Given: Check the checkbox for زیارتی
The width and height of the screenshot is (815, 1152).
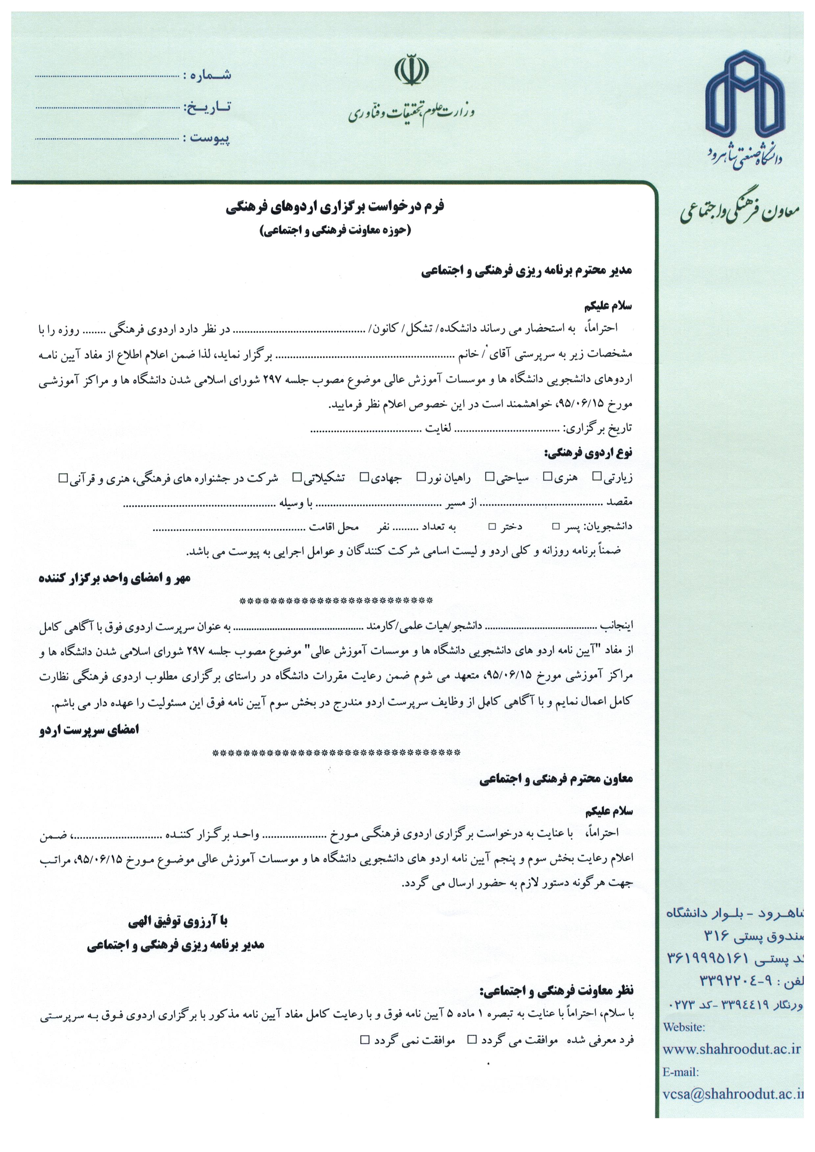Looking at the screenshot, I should pos(597,476).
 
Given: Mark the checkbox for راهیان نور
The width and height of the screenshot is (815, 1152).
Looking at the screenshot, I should pos(422,476).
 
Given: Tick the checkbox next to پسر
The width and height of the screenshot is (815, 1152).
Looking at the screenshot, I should pos(556,526).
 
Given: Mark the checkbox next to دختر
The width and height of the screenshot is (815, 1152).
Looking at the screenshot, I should pos(492,526).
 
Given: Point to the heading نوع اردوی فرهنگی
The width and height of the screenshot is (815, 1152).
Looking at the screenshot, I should pos(588,453).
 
